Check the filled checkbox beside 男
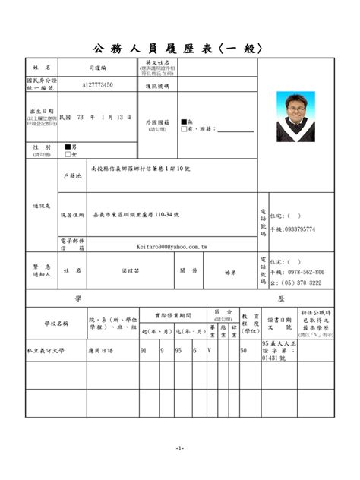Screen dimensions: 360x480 pos(68,146)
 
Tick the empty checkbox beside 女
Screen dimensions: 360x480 pos(68,154)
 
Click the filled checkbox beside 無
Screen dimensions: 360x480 pos(183,122)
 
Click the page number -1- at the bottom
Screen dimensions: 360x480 pos(179,448)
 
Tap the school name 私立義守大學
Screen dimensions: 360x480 pos(45,351)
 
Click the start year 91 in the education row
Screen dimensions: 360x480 pos(144,351)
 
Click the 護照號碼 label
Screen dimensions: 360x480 pos(158,86)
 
